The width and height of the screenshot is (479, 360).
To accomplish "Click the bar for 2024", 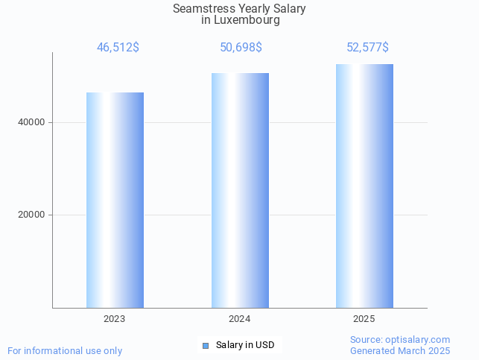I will (x=240, y=190).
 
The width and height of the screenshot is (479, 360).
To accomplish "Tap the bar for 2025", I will (x=364, y=186).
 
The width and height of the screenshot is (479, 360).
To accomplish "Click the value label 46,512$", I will (x=118, y=48).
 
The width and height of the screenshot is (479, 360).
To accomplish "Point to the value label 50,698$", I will (x=241, y=48).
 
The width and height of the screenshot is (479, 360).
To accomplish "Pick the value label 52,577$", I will (x=367, y=48).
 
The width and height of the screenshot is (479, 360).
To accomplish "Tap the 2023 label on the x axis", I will (x=115, y=318).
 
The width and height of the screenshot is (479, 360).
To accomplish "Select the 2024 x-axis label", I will (x=240, y=318).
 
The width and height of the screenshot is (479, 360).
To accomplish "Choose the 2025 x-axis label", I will (x=364, y=318).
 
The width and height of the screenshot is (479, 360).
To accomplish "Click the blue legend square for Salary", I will (x=206, y=345).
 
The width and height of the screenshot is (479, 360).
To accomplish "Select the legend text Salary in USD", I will (x=245, y=345).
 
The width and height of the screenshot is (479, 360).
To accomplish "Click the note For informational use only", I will (x=65, y=350).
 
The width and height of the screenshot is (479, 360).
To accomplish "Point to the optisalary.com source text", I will (x=400, y=339).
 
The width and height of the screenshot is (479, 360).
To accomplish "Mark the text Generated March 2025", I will (x=400, y=350).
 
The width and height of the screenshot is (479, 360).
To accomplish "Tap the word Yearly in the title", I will (x=248, y=9).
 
